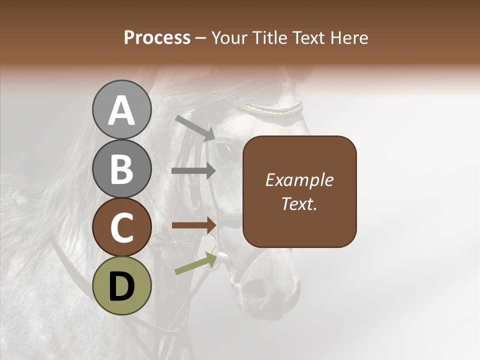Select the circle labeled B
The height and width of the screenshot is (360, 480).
[121, 168]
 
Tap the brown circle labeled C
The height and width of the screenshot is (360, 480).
[121, 227]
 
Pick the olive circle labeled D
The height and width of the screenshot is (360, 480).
[121, 286]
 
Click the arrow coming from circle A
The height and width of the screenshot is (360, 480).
[194, 127]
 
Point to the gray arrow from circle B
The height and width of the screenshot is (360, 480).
[193, 171]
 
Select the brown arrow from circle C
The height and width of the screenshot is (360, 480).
[194, 225]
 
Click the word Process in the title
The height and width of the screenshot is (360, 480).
[157, 37]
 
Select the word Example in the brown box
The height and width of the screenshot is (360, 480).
[299, 180]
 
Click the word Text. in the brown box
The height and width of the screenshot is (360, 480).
[299, 204]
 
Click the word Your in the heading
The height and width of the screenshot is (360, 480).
[228, 37]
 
